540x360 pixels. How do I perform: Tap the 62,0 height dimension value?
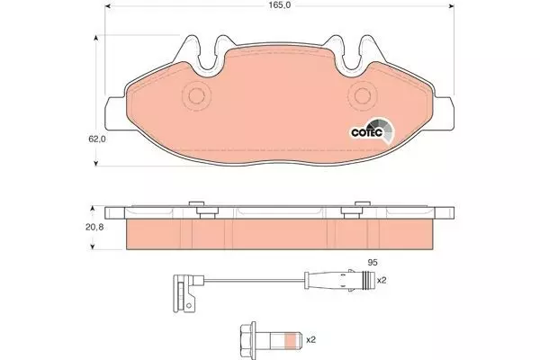97,139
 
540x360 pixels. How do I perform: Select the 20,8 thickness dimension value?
94,227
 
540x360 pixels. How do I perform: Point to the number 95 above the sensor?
373,263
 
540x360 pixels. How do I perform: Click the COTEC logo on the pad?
372,131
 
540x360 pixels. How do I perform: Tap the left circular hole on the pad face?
196,95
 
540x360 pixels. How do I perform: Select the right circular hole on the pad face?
363,95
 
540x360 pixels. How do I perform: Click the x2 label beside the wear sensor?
382,281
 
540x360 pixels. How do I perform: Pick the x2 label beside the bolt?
310,339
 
